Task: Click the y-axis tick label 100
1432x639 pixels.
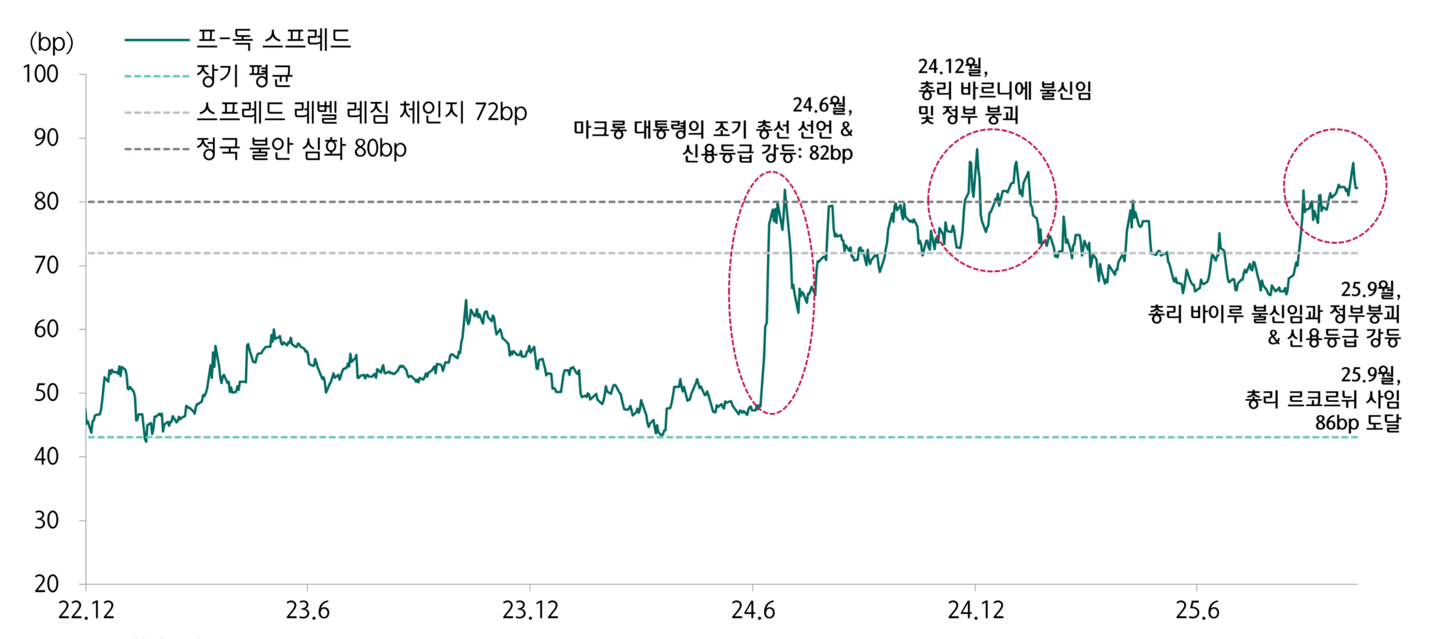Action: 40,74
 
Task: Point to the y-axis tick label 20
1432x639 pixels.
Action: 46,584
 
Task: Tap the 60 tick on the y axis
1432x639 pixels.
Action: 46,329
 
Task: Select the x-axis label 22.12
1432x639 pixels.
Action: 86,610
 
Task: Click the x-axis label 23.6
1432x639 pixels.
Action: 308,610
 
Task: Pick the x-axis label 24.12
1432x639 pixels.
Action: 976,610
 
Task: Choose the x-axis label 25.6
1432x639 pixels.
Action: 1197,610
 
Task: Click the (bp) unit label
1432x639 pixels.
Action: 51,43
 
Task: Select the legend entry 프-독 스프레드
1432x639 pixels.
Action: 273,39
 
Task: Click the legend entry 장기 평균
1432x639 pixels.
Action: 244,76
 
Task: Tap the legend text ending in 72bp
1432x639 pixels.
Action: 361,112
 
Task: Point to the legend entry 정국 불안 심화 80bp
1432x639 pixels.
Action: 301,148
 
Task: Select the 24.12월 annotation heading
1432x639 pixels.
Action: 953,67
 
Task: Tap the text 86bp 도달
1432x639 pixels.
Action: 1358,422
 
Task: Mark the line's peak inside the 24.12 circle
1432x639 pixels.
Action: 977,149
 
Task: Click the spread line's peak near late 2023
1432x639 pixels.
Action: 465,300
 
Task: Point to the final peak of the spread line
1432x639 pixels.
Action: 1353,163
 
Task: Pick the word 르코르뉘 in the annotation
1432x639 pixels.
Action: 1322,399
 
